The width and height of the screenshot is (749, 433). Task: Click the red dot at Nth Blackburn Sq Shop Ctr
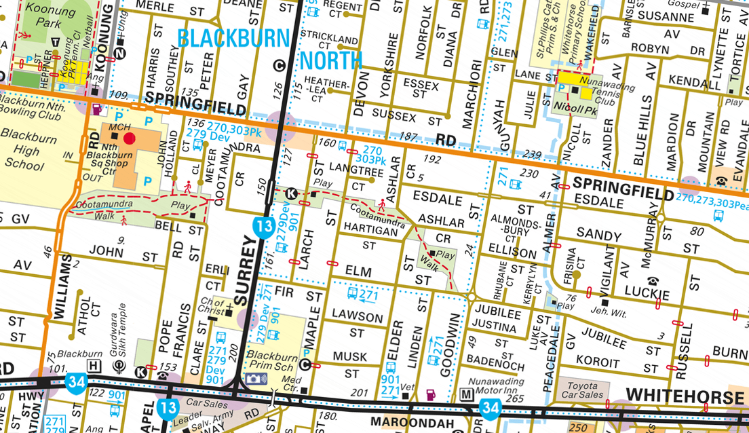[x=130, y=138]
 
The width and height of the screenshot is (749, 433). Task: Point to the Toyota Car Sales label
[x=582, y=390]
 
